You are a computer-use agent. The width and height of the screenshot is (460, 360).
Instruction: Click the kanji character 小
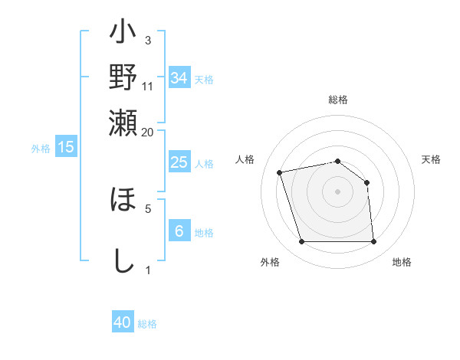[123, 34]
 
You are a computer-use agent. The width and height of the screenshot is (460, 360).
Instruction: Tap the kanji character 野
[123, 77]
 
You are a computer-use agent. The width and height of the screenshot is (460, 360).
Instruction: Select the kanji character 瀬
[123, 120]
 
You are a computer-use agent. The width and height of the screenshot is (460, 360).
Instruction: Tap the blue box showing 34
[179, 78]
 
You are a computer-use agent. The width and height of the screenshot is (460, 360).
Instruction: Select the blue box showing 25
[179, 162]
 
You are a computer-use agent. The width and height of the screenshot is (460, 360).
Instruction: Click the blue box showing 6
[179, 231]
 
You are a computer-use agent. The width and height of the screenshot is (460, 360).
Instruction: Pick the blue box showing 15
[66, 147]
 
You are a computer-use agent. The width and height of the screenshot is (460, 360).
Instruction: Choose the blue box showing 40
[123, 322]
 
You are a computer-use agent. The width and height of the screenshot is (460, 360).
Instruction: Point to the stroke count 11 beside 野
[148, 86]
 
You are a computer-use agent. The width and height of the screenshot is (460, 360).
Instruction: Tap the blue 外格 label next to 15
[41, 149]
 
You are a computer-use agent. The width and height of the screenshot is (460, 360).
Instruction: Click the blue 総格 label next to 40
[148, 324]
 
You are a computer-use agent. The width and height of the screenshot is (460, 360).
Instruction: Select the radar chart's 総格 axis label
[338, 100]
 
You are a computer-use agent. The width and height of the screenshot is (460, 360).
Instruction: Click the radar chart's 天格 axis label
[432, 159]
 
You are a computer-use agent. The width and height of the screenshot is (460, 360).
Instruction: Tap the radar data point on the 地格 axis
[373, 242]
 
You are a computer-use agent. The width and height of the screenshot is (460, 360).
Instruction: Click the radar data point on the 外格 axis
[301, 242]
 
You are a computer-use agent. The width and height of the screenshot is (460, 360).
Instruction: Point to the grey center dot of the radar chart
[337, 191]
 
